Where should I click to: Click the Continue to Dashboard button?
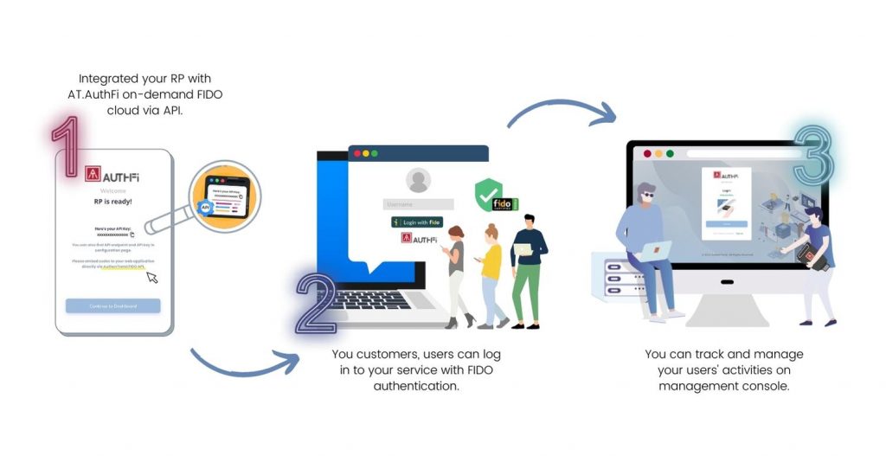(x=113, y=305)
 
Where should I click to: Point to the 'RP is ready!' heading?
(x=112, y=201)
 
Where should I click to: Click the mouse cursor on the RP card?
(x=152, y=277)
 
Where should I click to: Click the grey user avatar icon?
(x=419, y=180)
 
